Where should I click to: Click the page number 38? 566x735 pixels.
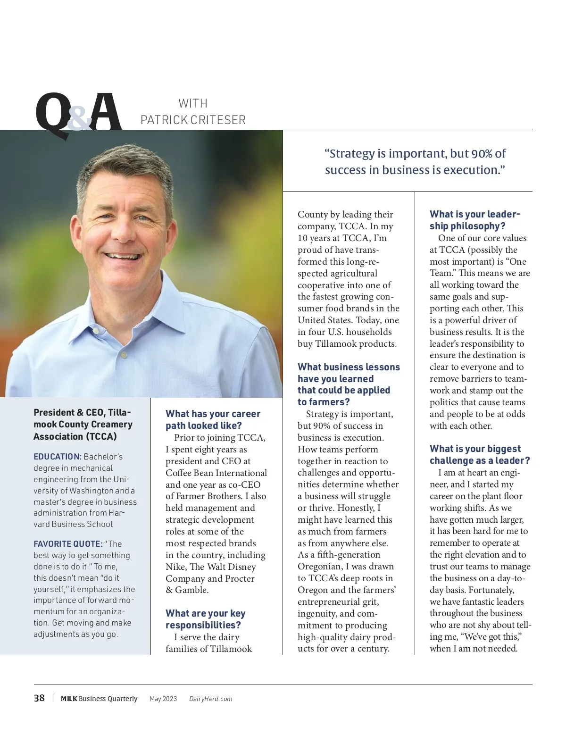(x=39, y=698)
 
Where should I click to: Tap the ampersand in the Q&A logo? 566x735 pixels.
(x=79, y=118)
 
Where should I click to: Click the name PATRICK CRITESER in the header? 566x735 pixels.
(x=193, y=120)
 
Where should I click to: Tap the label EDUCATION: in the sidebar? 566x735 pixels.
(x=58, y=457)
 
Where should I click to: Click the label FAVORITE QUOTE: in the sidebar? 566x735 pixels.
(x=68, y=544)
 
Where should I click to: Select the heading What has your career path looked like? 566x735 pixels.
(x=213, y=419)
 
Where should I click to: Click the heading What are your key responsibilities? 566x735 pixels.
(x=205, y=619)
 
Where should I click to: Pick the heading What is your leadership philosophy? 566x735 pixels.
(x=474, y=220)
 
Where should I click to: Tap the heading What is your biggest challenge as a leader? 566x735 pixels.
(x=479, y=454)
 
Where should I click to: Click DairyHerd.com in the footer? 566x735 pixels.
(x=210, y=699)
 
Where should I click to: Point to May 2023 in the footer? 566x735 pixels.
(x=163, y=699)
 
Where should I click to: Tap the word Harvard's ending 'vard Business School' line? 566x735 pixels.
(x=73, y=524)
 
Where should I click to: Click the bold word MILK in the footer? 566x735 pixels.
(x=69, y=699)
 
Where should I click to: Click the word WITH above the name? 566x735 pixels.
(x=193, y=103)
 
